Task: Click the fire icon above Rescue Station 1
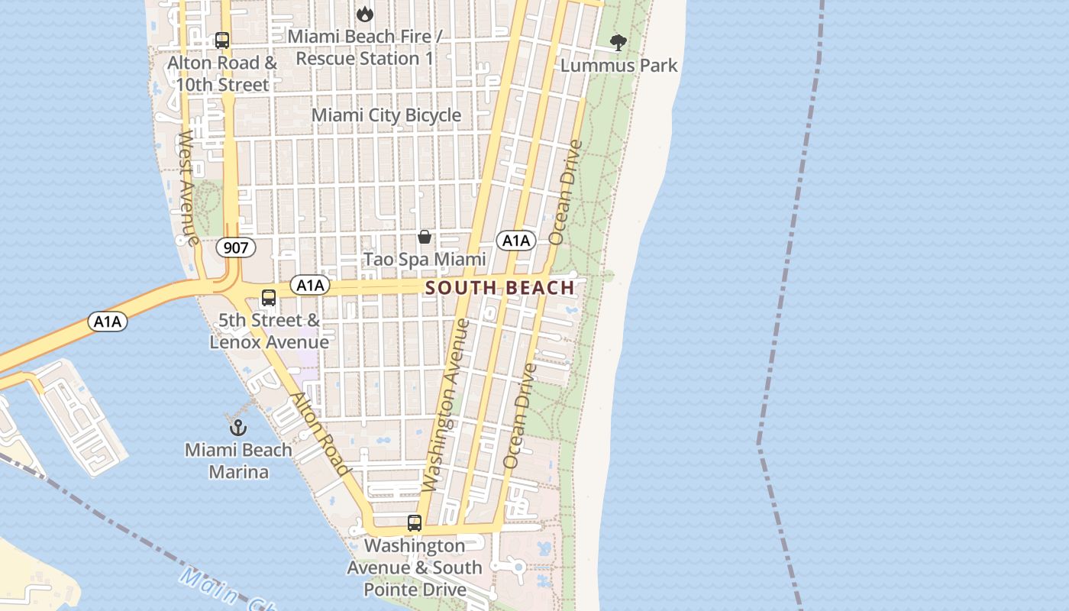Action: click(365, 13)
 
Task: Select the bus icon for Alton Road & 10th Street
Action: click(222, 40)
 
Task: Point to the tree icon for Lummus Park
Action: click(618, 43)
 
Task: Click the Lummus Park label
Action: click(618, 66)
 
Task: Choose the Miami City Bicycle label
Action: click(386, 115)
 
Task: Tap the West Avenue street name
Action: click(187, 187)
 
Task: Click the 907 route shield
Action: click(235, 247)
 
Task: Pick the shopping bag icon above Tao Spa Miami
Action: click(425, 238)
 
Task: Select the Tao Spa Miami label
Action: click(424, 260)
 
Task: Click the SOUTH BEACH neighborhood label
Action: click(499, 288)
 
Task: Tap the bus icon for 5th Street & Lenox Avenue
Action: click(269, 298)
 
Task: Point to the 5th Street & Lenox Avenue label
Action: click(269, 331)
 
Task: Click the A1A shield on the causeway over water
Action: click(108, 322)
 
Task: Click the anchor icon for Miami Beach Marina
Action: click(238, 428)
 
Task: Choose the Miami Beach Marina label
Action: click(238, 461)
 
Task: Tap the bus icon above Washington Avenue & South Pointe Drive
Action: click(415, 523)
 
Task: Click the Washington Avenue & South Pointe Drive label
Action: click(415, 567)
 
